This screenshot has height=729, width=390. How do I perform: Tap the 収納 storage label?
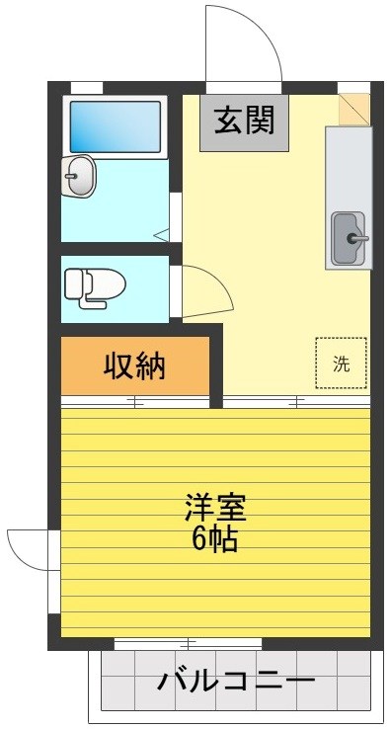click(135, 366)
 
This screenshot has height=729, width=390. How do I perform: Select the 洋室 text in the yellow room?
click(214, 508)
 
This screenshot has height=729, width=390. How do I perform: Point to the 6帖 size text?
click(214, 539)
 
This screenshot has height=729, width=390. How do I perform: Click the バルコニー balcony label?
click(236, 682)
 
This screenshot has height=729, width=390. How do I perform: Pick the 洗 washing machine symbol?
click(341, 364)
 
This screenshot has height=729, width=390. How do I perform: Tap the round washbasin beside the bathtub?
click(79, 178)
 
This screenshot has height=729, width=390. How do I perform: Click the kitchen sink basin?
click(348, 238)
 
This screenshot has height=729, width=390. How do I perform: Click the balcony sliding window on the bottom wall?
click(188, 643)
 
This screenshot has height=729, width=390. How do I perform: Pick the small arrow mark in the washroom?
click(162, 235)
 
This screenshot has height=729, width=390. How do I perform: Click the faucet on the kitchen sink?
click(357, 238)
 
